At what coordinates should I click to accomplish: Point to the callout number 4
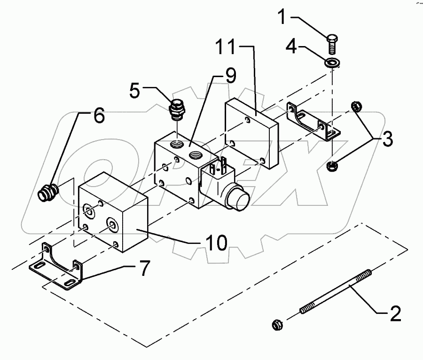point(291,48)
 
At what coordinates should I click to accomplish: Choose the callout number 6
point(99,116)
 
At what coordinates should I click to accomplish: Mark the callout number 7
point(142,269)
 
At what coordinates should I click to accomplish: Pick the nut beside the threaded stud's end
point(278,324)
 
